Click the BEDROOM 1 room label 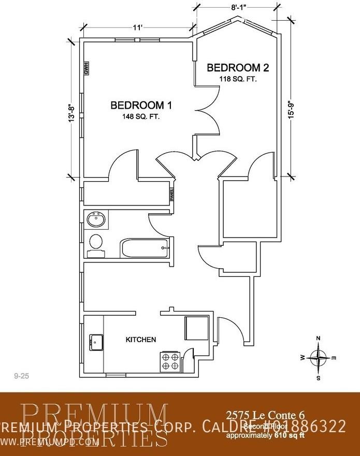click(x=141, y=106)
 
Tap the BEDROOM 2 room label click(x=238, y=68)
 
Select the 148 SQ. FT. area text click(x=141, y=117)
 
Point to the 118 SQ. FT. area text click(x=238, y=79)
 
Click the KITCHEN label click(x=141, y=340)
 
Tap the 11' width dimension click(x=137, y=28)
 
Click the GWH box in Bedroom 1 click(x=87, y=68)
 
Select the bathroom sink click(x=96, y=220)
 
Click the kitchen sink click(x=96, y=342)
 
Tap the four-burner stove click(x=171, y=361)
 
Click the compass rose click(x=318, y=358)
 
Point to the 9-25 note click(x=21, y=376)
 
